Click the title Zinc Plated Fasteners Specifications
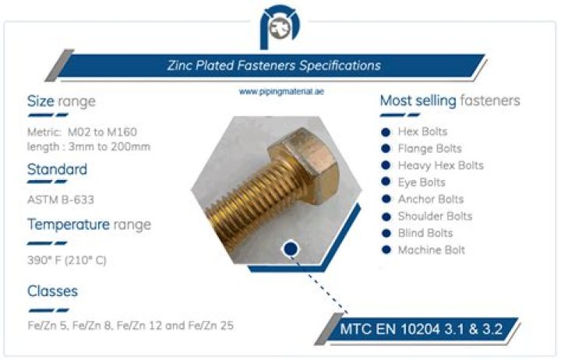[274, 65]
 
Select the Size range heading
[62, 101]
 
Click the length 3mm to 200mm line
[88, 146]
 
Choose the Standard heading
[57, 169]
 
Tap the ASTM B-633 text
[61, 199]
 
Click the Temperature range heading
[89, 225]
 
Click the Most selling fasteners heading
[450, 101]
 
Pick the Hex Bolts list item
[422, 132]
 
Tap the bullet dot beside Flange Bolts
[385, 148]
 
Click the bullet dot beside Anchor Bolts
[385, 199]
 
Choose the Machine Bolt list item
[431, 250]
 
